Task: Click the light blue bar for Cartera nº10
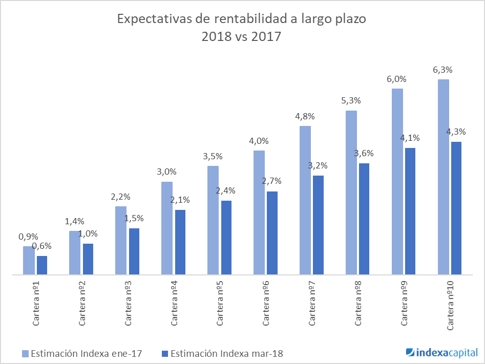tap(444, 177)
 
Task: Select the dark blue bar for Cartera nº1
tap(42, 265)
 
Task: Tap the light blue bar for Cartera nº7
tap(305, 200)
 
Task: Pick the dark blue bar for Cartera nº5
tap(226, 238)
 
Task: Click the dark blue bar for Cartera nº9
tap(410, 211)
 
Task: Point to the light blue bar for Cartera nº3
tap(121, 241)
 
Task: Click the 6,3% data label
tap(443, 70)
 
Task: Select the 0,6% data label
tap(42, 247)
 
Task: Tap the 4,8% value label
tap(305, 116)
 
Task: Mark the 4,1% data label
tap(410, 138)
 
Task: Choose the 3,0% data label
tap(166, 172)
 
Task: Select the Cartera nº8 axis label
tap(359, 303)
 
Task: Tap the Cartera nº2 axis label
tap(82, 303)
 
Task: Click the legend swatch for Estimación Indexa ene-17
tap(25, 353)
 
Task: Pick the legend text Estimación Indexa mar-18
tap(227, 353)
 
